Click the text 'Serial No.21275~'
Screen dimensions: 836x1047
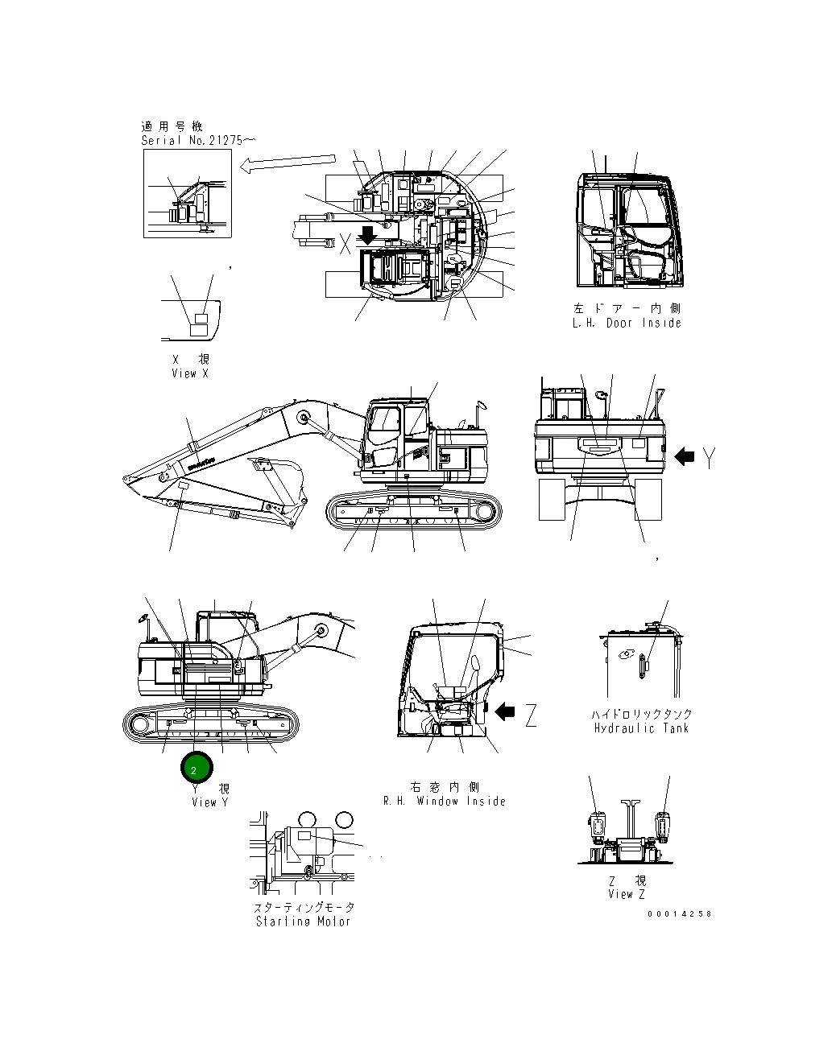click(x=199, y=140)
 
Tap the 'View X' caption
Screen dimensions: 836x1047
click(x=190, y=373)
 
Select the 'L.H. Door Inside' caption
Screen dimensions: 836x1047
click(x=627, y=323)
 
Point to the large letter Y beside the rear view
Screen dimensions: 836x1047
click(x=709, y=458)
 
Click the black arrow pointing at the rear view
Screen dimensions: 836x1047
click(x=685, y=456)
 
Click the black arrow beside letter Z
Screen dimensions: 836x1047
click(x=506, y=711)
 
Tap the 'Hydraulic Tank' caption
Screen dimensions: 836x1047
click(x=641, y=728)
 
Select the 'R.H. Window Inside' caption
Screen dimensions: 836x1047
click(x=445, y=801)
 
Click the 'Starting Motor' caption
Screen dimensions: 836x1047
click(x=304, y=921)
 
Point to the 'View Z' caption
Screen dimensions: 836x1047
click(x=627, y=894)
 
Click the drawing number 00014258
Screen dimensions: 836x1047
click(x=679, y=914)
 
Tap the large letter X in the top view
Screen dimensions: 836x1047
click(x=345, y=244)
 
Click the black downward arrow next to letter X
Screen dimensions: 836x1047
click(x=367, y=236)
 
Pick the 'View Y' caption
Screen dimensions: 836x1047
click(x=210, y=802)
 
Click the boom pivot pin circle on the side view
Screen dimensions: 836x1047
click(x=304, y=418)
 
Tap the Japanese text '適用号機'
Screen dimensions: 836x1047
click(x=172, y=126)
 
